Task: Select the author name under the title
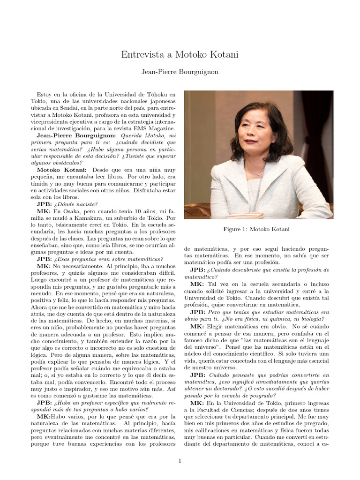pos(180,72)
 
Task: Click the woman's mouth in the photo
pos(251,141)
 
